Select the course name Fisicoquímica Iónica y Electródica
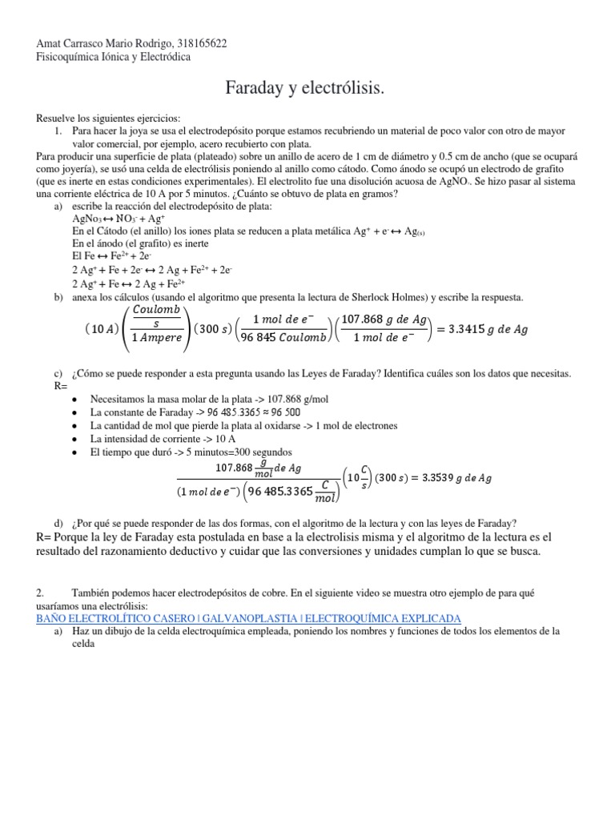115,57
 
